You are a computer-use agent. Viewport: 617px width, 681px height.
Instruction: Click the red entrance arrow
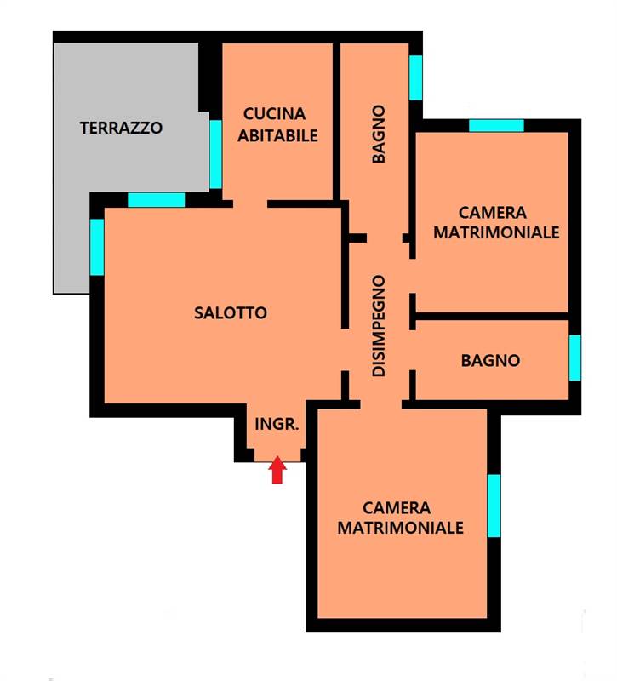(x=277, y=470)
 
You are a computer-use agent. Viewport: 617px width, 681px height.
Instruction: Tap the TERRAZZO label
(x=121, y=129)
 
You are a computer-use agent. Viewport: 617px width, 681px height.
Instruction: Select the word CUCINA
(x=274, y=114)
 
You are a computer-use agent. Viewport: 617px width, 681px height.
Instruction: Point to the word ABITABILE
(x=277, y=136)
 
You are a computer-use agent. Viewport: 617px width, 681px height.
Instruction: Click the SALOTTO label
(x=231, y=312)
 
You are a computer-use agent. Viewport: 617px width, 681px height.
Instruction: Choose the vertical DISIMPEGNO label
(x=379, y=326)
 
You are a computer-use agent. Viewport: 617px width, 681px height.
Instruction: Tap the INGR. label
(x=277, y=424)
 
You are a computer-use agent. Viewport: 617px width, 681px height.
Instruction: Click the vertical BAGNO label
(x=379, y=134)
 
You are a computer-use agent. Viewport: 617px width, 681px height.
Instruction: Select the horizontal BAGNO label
(x=491, y=360)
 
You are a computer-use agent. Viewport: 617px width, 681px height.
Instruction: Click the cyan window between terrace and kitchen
(x=215, y=154)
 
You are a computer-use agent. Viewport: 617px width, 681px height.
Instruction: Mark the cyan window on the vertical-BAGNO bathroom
(x=415, y=77)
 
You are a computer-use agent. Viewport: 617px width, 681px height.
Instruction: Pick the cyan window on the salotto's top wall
(x=157, y=200)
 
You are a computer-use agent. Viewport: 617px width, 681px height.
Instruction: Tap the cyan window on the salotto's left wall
(x=97, y=247)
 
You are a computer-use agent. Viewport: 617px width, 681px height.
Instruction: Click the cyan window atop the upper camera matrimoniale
(x=496, y=125)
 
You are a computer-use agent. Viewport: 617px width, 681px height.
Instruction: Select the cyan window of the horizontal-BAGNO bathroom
(x=575, y=358)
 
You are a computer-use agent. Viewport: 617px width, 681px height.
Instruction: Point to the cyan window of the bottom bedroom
(x=494, y=506)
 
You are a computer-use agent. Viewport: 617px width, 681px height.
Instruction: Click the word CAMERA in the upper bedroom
(x=493, y=213)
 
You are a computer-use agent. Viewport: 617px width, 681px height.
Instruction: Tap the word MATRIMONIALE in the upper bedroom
(x=496, y=232)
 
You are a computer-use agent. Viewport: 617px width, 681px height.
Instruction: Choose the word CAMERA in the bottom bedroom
(x=397, y=507)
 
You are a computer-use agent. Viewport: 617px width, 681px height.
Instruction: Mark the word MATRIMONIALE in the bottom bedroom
(x=400, y=528)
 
